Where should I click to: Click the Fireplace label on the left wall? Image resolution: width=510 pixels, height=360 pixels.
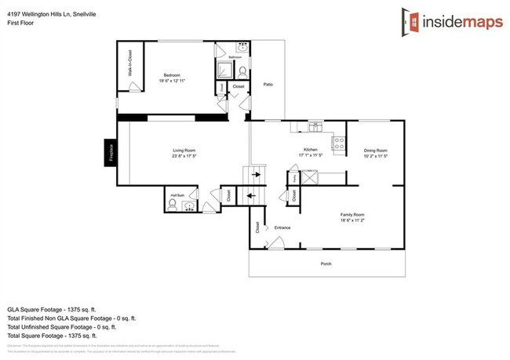[111, 152]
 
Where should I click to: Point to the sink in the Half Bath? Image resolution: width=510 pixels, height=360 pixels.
[188, 206]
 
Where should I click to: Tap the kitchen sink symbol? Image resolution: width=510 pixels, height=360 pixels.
[315, 126]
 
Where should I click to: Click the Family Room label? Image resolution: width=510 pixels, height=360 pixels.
[352, 214]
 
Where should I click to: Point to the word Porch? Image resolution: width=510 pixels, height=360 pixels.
[326, 264]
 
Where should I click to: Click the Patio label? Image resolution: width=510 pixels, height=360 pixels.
[268, 84]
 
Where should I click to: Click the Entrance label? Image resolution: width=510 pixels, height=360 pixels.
[282, 228]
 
